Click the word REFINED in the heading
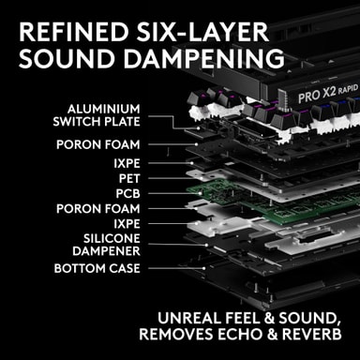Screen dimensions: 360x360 pos(74,32)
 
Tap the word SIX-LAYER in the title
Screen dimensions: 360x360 pos(202,32)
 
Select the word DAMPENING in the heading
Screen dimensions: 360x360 pos(204,58)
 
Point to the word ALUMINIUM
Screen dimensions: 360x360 pos(104,109)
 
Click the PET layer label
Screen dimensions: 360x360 pos(129,179)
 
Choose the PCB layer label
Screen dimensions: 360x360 pos(127,194)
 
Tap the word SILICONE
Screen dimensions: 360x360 pos(112,239)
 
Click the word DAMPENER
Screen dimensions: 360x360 pos(106,251)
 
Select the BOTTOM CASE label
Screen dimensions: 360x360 pos(97,268)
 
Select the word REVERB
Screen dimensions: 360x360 pos(311,334)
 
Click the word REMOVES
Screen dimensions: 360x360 pos(176,334)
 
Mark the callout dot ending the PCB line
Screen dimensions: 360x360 pos(201,194)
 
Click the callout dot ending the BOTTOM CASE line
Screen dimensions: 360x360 pos(203,268)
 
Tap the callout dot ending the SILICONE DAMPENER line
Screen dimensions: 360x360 pos(206,245)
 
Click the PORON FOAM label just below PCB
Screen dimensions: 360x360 pos(98,209)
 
